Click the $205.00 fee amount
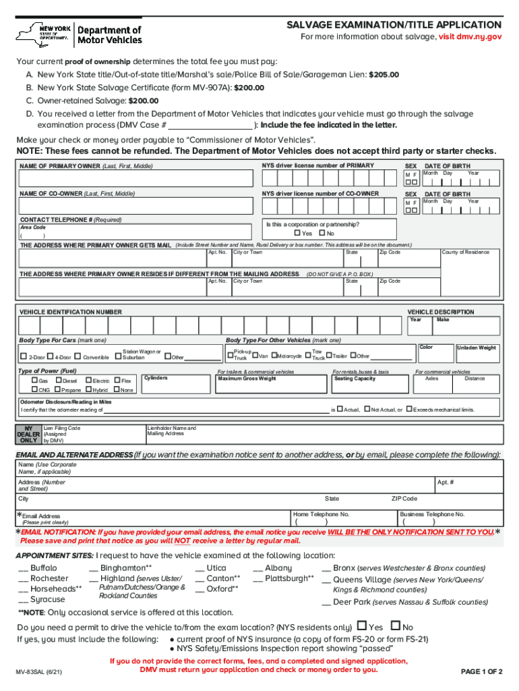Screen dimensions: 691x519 [x=384, y=74]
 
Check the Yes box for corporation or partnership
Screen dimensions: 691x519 [x=297, y=233]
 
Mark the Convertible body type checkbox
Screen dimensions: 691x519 [x=78, y=356]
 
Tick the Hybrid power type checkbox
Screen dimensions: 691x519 [x=88, y=389]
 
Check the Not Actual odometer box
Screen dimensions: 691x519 [x=367, y=409]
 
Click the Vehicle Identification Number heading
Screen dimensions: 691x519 [x=71, y=312]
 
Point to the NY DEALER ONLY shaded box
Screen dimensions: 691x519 [x=28, y=433]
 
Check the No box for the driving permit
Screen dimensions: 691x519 [x=396, y=626]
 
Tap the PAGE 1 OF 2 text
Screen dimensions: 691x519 [x=481, y=672]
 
